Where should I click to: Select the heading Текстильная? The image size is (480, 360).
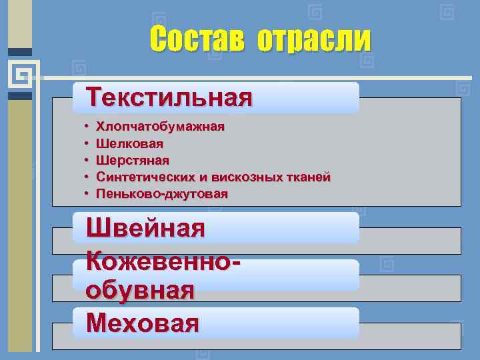[170, 97]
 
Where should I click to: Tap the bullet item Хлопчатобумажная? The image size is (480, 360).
[160, 126]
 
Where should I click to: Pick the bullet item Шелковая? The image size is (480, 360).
[129, 143]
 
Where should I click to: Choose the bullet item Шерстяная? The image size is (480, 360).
[133, 160]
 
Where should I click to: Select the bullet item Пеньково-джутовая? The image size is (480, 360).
[161, 194]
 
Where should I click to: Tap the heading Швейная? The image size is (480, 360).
[145, 229]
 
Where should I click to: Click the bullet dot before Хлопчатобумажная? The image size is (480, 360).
[87, 126]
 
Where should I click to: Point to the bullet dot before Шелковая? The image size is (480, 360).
[87, 143]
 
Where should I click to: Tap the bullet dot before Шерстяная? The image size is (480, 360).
[87, 160]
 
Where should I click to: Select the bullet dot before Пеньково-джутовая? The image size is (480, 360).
[87, 194]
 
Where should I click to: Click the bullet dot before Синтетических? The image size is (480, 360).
[87, 177]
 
